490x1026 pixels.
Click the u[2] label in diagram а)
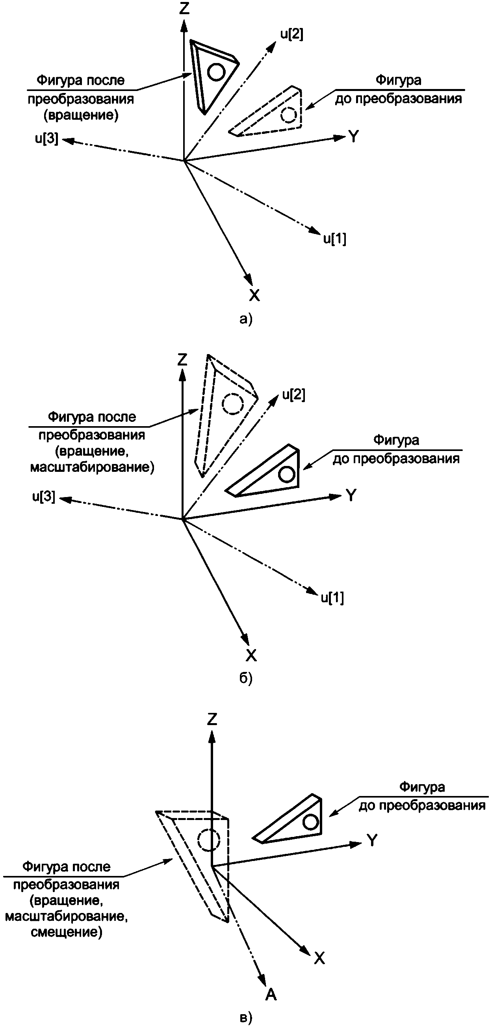[x=291, y=35]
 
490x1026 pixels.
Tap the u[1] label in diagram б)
[x=332, y=597]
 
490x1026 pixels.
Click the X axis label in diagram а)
[x=254, y=295]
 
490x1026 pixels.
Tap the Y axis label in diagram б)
[x=351, y=495]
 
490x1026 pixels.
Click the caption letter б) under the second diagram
[x=246, y=678]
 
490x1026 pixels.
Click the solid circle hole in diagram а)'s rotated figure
[x=217, y=72]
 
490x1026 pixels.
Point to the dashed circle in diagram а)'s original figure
[x=288, y=115]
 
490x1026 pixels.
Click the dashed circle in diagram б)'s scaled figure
[x=232, y=404]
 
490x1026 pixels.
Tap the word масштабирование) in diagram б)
[x=92, y=467]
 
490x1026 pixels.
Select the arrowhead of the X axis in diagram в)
[x=306, y=952]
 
